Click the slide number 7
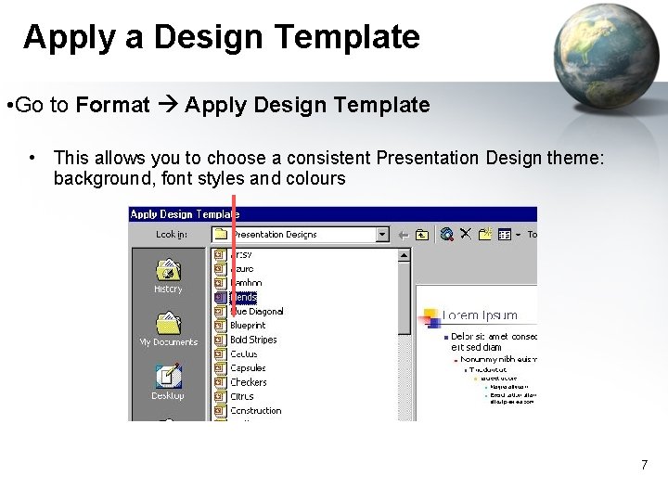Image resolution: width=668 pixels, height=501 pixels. [x=644, y=464]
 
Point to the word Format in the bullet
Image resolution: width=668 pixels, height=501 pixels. [x=112, y=105]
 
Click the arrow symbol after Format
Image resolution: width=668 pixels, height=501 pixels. [x=167, y=105]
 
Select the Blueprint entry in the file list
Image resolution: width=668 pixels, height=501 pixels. [x=248, y=326]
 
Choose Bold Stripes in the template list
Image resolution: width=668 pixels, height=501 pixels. [x=253, y=340]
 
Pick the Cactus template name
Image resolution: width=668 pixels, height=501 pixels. [x=244, y=354]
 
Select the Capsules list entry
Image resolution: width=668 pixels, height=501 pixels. [x=248, y=368]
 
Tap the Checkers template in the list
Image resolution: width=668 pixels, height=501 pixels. [x=248, y=382]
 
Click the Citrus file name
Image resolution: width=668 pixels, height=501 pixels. [x=242, y=396]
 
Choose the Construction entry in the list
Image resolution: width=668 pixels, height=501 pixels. [x=255, y=410]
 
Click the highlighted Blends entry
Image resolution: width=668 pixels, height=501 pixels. [x=243, y=298]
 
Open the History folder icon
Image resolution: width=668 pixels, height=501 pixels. [x=168, y=270]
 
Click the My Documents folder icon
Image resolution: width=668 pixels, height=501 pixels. [x=168, y=324]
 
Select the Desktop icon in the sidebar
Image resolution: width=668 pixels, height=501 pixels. [x=168, y=376]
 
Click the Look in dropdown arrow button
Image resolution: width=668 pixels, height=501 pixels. [x=382, y=235]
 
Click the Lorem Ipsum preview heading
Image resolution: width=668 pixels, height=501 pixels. [x=480, y=315]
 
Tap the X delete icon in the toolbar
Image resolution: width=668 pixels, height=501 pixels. [x=466, y=235]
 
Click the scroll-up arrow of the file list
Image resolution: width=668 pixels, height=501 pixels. [x=405, y=253]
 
